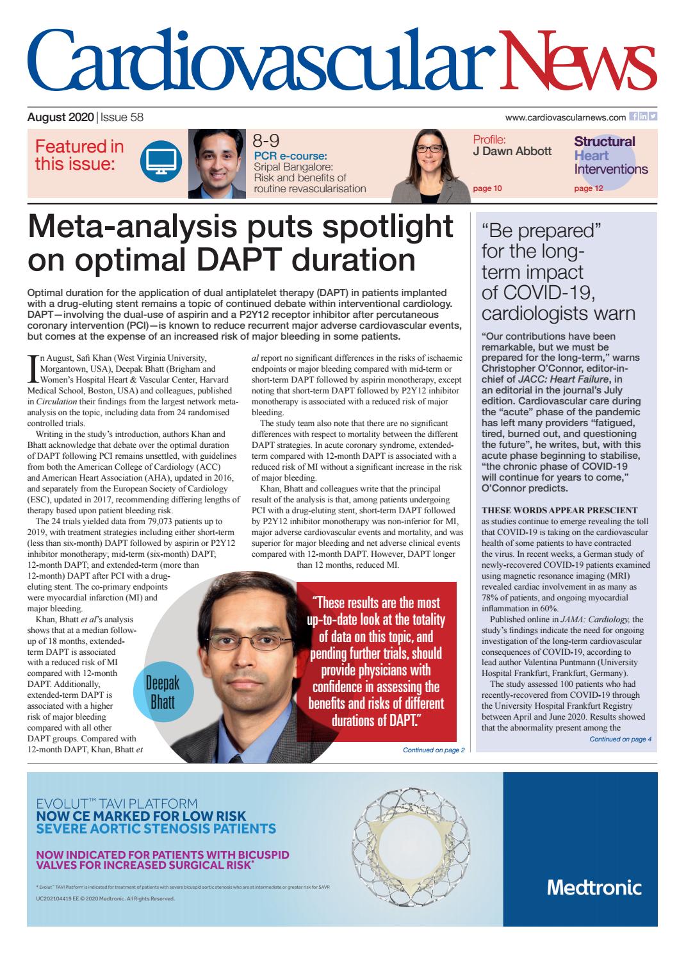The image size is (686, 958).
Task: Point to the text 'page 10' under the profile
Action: [487, 188]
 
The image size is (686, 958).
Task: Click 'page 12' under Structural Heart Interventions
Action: [589, 188]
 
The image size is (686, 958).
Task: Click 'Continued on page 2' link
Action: [434, 750]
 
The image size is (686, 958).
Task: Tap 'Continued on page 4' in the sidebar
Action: [620, 739]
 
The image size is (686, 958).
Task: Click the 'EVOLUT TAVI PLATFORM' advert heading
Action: [117, 803]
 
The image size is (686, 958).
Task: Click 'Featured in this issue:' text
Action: [79, 156]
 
